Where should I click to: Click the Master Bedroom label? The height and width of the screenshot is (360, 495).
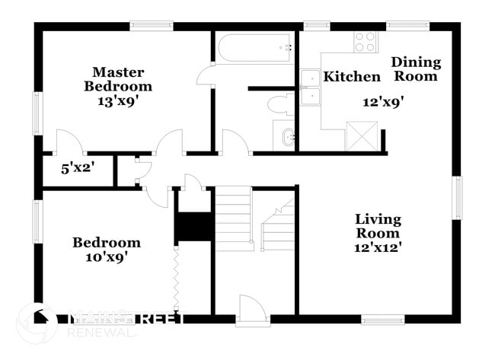pyautogui.click(x=117, y=79)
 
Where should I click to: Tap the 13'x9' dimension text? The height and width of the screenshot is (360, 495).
pyautogui.click(x=117, y=100)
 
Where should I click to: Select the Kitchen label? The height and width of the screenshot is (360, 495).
pyautogui.click(x=352, y=77)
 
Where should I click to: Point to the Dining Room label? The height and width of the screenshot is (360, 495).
pyautogui.click(x=416, y=69)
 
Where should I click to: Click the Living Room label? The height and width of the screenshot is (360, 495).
pyautogui.click(x=378, y=226)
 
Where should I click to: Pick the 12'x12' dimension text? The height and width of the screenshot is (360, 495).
pyautogui.click(x=378, y=246)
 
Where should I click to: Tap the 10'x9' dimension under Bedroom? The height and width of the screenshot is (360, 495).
pyautogui.click(x=106, y=256)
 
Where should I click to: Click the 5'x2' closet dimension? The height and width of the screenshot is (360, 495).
pyautogui.click(x=77, y=167)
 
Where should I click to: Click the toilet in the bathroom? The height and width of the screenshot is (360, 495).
pyautogui.click(x=283, y=104)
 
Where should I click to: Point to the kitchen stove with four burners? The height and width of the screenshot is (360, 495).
pyautogui.click(x=364, y=41)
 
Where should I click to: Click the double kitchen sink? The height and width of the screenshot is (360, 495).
pyautogui.click(x=310, y=88)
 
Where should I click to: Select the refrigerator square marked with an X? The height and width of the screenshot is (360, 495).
pyautogui.click(x=357, y=135)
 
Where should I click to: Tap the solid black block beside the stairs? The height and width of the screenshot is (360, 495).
pyautogui.click(x=194, y=227)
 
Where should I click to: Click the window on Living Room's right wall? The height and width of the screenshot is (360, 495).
pyautogui.click(x=457, y=198)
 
